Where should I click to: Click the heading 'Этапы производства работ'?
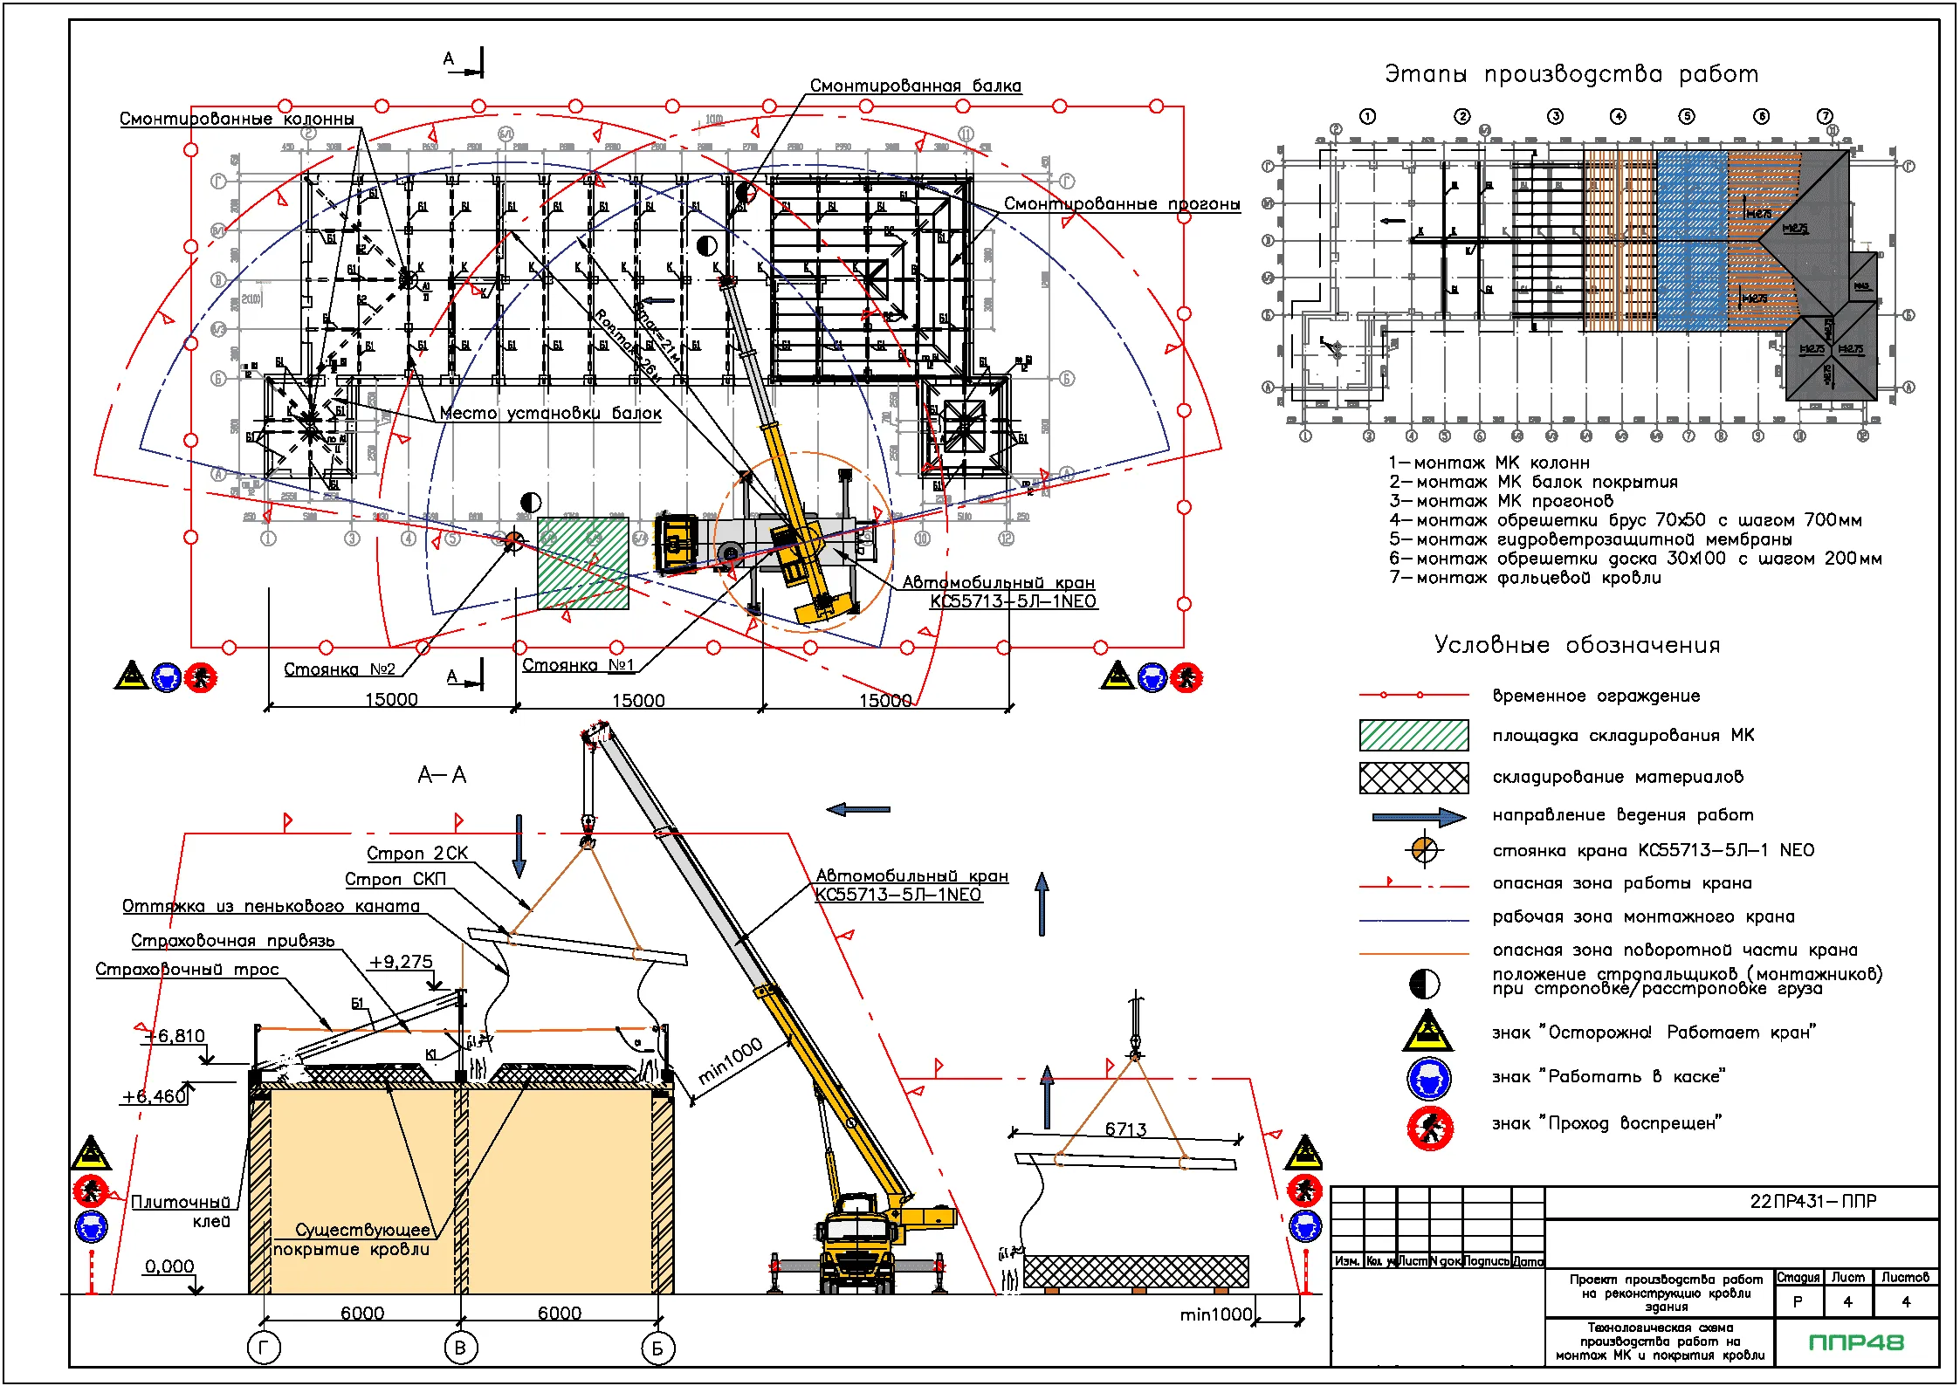tap(1571, 74)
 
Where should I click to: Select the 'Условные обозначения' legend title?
tap(1577, 645)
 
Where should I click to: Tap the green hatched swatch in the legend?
tap(1413, 735)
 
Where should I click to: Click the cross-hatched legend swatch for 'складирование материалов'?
tap(1413, 777)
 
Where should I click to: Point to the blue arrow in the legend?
tap(1419, 817)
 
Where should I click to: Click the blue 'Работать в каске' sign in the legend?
tap(1429, 1080)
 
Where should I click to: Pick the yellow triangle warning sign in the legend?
tap(1427, 1032)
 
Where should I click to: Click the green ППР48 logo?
tap(1856, 1342)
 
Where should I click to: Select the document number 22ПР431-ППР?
tap(1812, 1201)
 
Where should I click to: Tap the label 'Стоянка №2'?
tap(340, 669)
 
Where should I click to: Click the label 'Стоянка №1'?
tap(578, 665)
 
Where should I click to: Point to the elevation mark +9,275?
tap(401, 962)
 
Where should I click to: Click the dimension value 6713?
tap(1125, 1129)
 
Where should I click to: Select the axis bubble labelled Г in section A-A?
tap(264, 1348)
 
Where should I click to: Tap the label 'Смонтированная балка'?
tap(915, 86)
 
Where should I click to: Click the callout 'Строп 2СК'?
tap(417, 853)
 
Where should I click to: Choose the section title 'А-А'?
tap(442, 775)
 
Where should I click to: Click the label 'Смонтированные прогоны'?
tap(1121, 203)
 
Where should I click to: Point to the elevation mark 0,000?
tap(169, 1266)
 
